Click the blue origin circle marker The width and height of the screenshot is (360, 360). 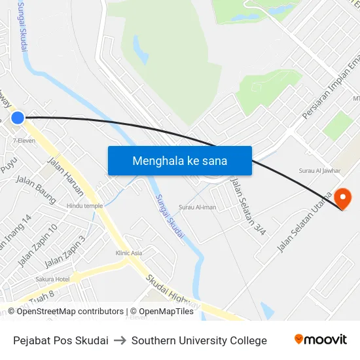click(x=18, y=118)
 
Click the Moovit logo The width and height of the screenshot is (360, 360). click(x=320, y=340)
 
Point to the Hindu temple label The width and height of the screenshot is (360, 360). click(x=84, y=206)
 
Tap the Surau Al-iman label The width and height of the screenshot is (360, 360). click(x=197, y=207)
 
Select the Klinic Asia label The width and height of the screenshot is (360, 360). click(x=128, y=253)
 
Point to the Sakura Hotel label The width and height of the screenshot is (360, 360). click(x=53, y=279)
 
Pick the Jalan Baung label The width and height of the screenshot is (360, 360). click(x=35, y=187)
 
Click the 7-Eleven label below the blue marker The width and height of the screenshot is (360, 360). click(x=24, y=140)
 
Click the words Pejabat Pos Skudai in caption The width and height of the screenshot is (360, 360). click(x=61, y=340)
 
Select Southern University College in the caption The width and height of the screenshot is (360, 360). click(x=199, y=340)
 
